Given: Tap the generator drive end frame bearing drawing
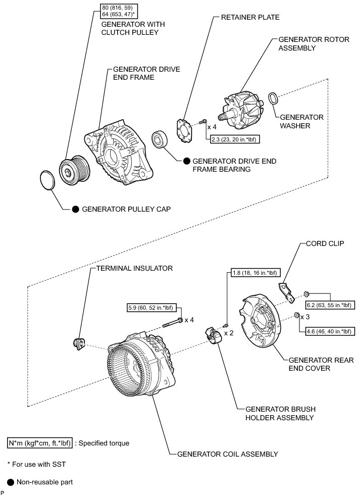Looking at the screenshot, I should (x=162, y=140).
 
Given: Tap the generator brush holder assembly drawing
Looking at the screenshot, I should (x=213, y=336).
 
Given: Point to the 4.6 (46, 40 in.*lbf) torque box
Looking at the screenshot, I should (x=327, y=332).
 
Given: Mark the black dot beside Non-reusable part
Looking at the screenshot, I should (x=10, y=482).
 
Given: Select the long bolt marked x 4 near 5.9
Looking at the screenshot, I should (x=171, y=320).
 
